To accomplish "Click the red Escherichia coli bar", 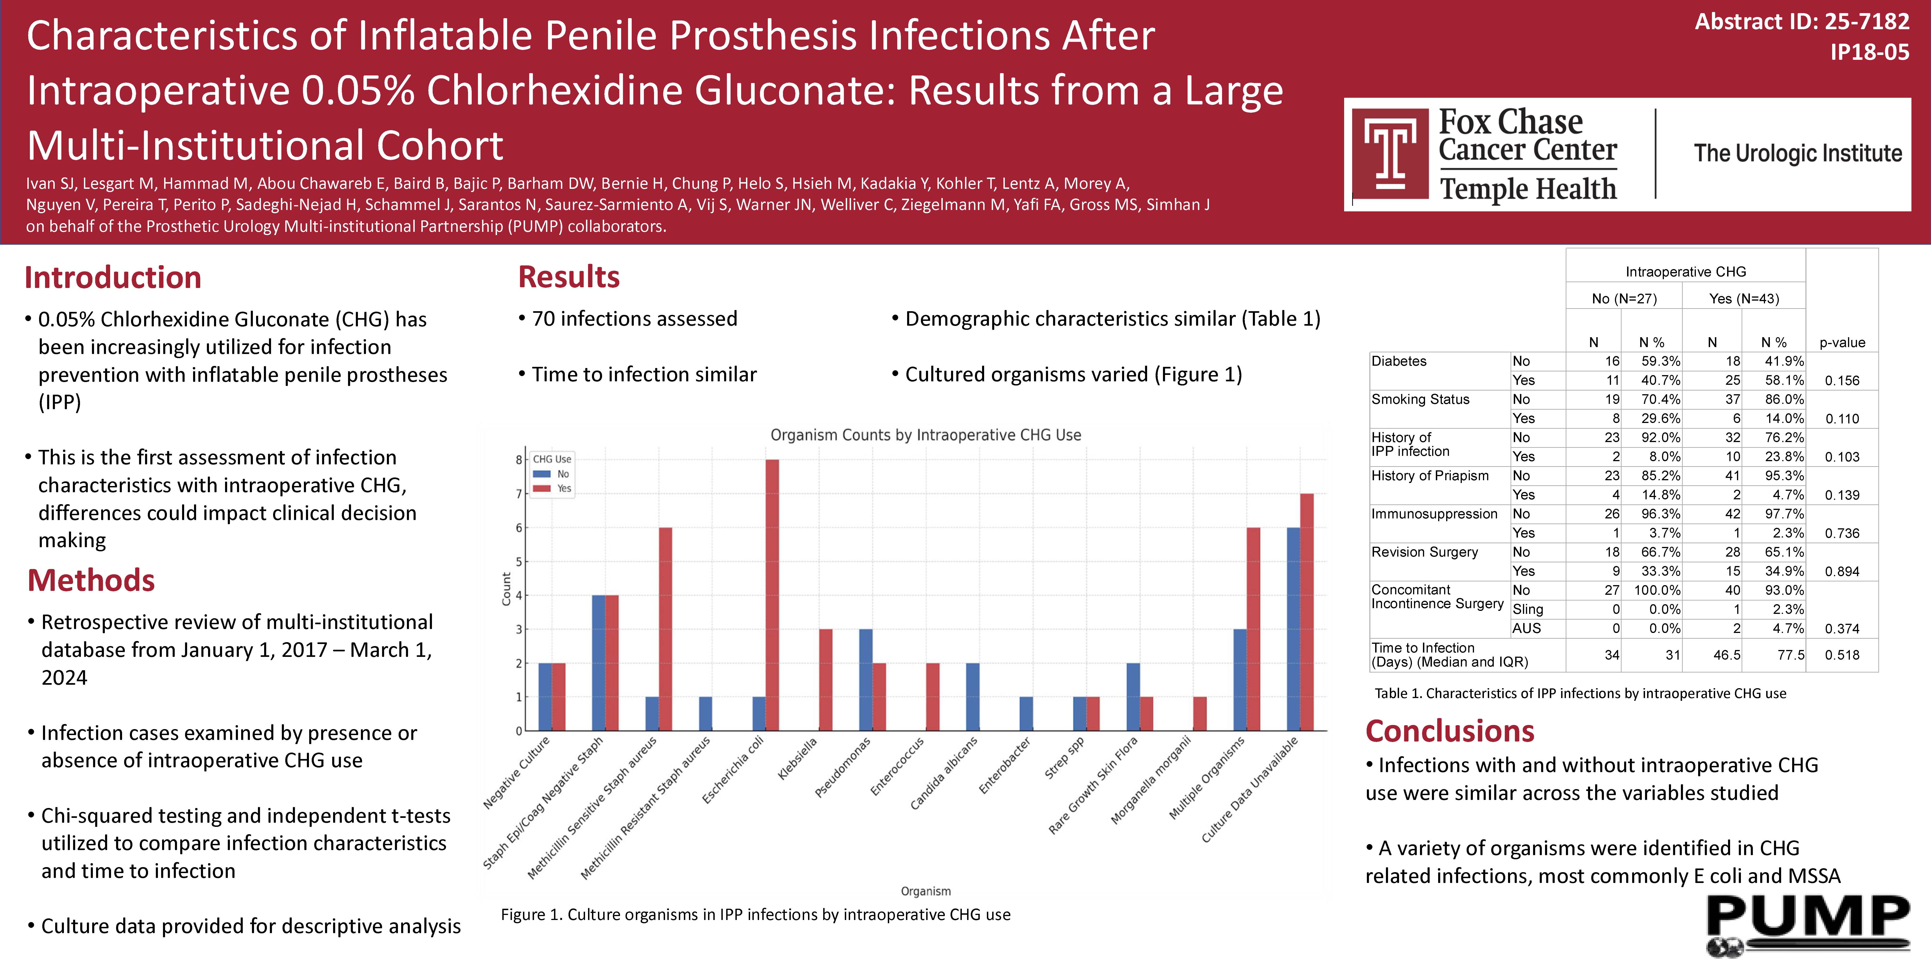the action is click(x=772, y=595).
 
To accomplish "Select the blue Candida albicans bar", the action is click(x=972, y=697).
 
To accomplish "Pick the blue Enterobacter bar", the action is click(x=1026, y=714).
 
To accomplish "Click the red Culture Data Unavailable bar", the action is click(x=1307, y=612).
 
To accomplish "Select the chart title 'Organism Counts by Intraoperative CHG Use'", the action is click(x=926, y=435).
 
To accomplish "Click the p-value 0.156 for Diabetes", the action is click(x=1842, y=380).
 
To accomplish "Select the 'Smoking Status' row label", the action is click(x=1420, y=399).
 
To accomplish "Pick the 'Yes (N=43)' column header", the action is click(x=1744, y=299).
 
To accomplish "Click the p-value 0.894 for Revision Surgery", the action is click(x=1842, y=572).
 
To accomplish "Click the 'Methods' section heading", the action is click(x=91, y=581).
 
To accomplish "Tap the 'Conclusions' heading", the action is click(x=1450, y=731).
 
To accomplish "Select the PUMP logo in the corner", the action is click(x=1808, y=926).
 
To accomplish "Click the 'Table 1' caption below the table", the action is click(x=1580, y=693).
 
